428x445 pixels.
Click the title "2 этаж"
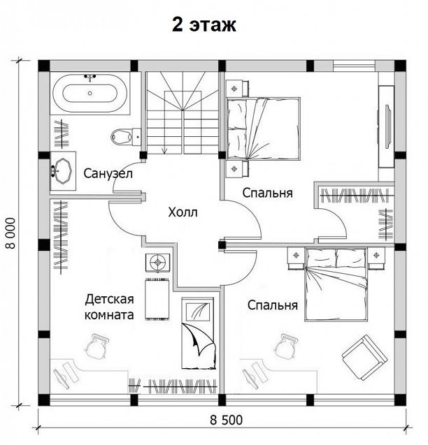[204, 25]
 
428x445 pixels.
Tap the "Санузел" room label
[108, 173]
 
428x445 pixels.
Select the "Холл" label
[183, 212]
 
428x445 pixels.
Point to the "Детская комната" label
[109, 307]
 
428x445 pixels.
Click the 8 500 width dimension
[227, 420]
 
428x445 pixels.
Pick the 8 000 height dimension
[10, 233]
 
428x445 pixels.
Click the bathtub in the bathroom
[90, 93]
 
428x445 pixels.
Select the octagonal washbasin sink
[63, 171]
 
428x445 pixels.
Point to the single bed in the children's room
[198, 333]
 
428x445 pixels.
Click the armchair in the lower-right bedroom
[365, 357]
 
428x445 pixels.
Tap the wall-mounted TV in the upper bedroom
[387, 126]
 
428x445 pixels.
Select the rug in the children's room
[157, 299]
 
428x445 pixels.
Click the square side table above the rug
[158, 263]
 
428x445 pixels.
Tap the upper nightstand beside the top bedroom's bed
[237, 89]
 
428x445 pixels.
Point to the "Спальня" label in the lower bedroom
[273, 305]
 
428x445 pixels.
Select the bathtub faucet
[90, 77]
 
